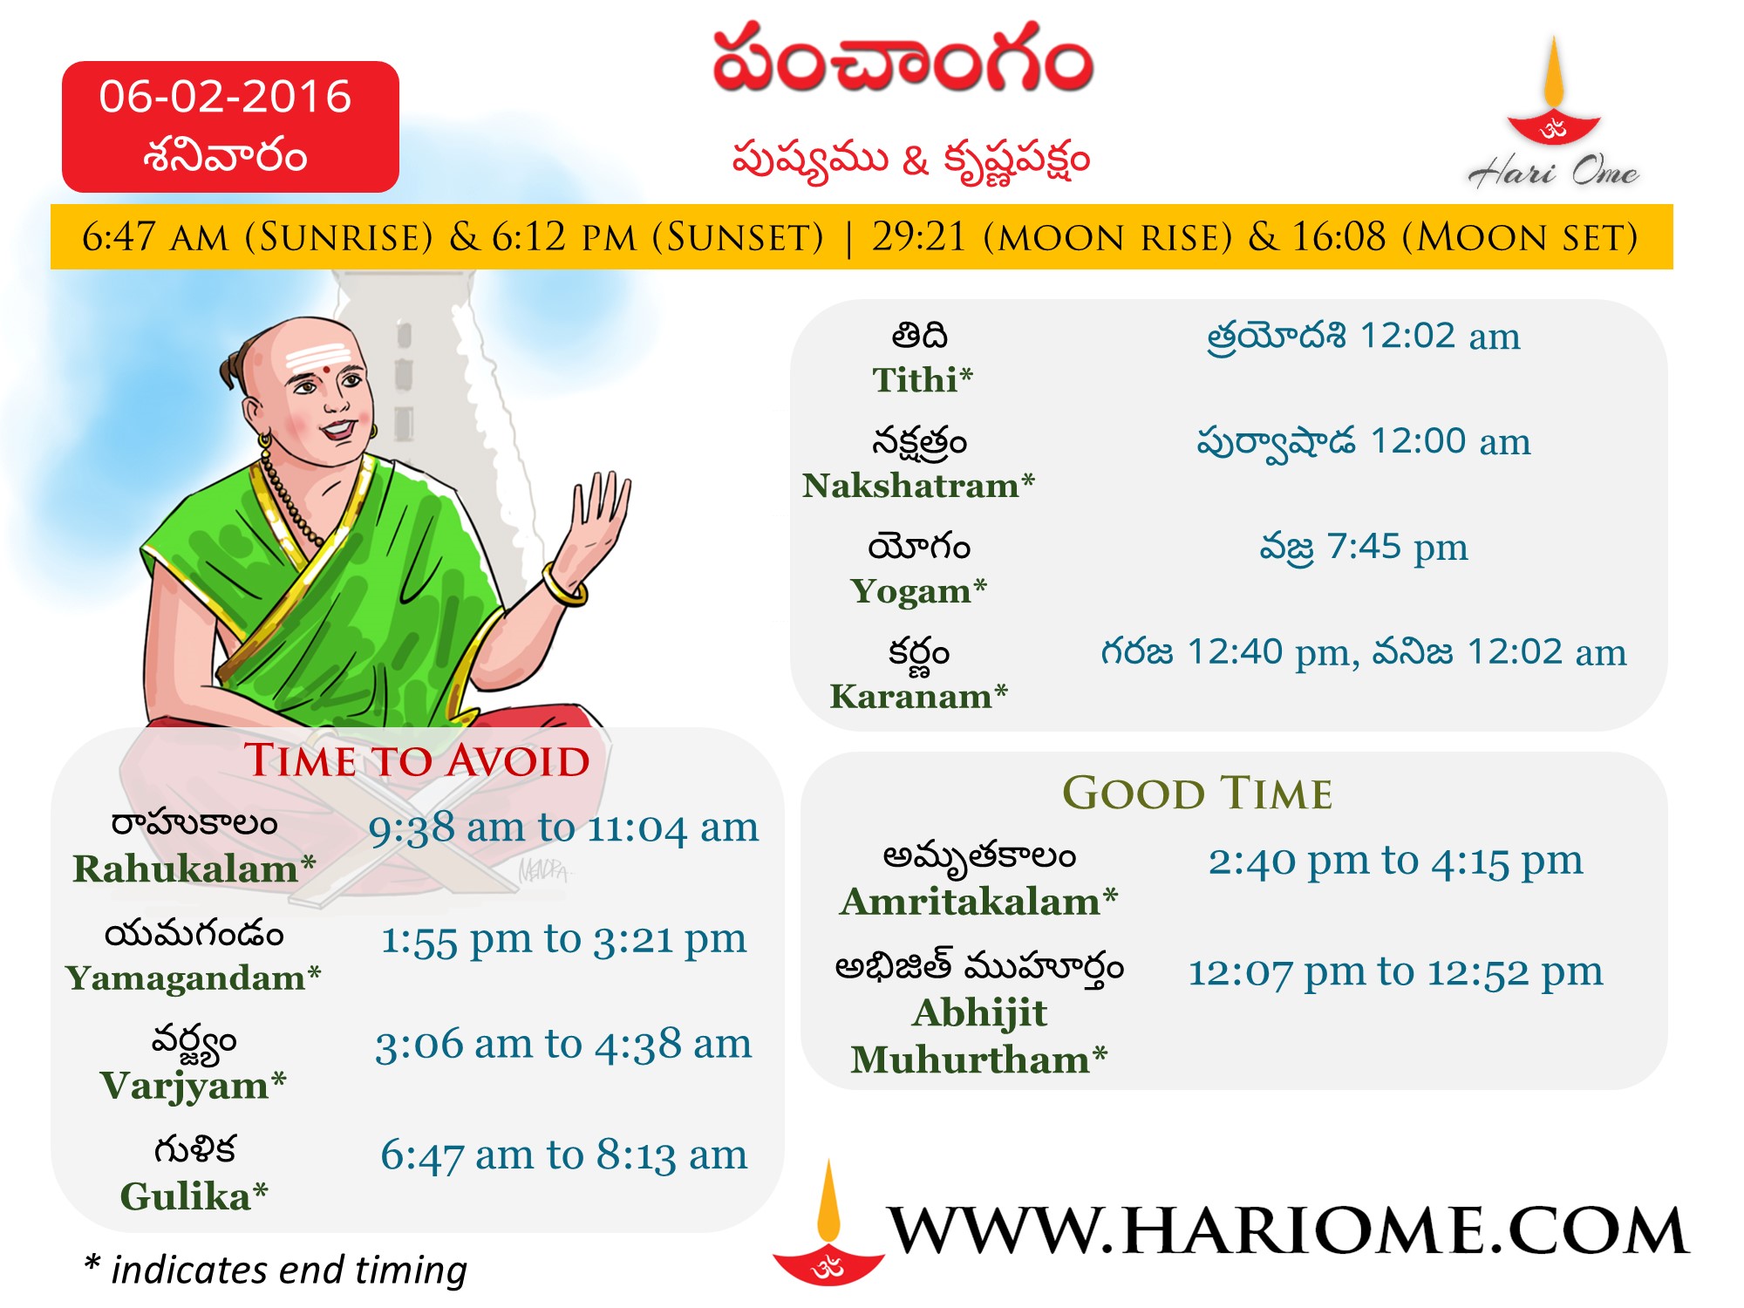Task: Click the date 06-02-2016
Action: point(225,96)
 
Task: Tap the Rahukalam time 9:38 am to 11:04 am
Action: point(563,828)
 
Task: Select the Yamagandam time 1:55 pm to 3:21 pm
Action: point(563,939)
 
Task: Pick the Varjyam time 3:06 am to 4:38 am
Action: point(563,1044)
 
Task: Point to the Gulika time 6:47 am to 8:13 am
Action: point(563,1155)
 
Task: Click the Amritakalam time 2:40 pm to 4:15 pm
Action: point(1395,862)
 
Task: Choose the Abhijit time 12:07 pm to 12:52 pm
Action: point(1395,972)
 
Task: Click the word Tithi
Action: point(915,380)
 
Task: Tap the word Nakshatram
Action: point(910,485)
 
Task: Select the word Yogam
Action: point(910,592)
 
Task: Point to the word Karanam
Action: point(911,696)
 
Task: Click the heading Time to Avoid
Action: point(417,760)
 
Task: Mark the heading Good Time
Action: point(1197,793)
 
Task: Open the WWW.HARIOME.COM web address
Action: point(1289,1230)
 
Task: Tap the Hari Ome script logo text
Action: point(1554,171)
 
